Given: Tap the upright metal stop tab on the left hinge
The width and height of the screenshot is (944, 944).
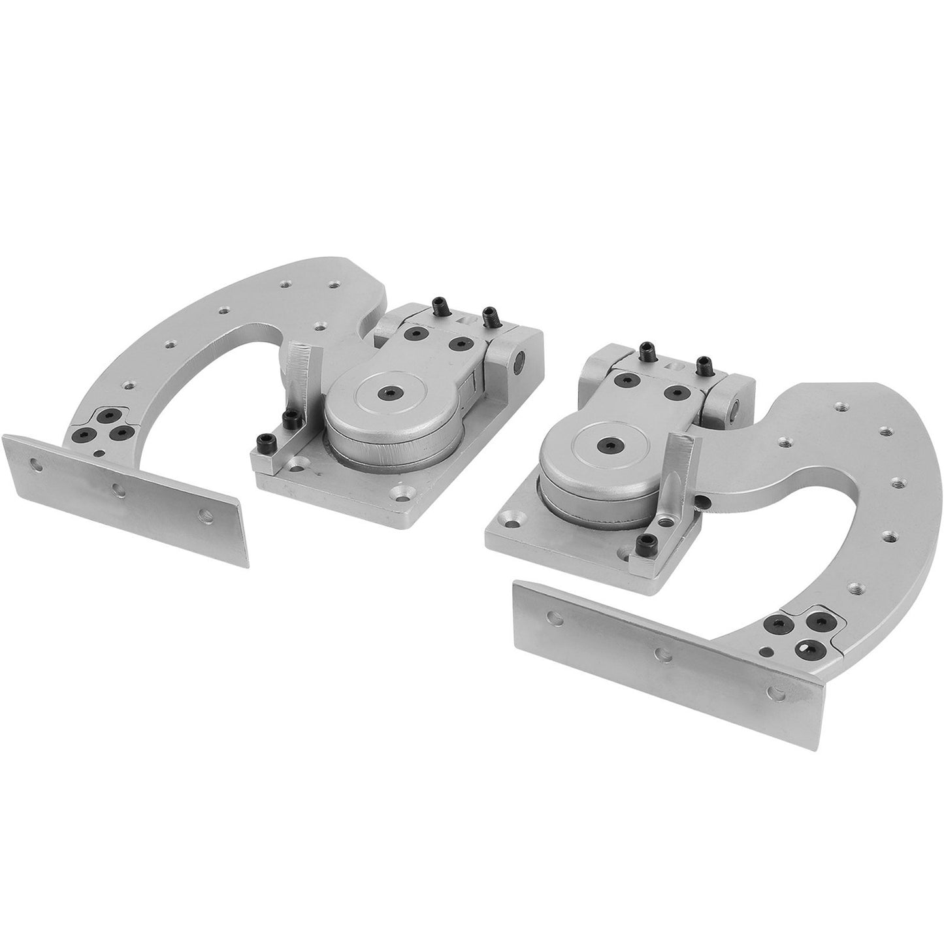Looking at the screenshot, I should click(x=302, y=368).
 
